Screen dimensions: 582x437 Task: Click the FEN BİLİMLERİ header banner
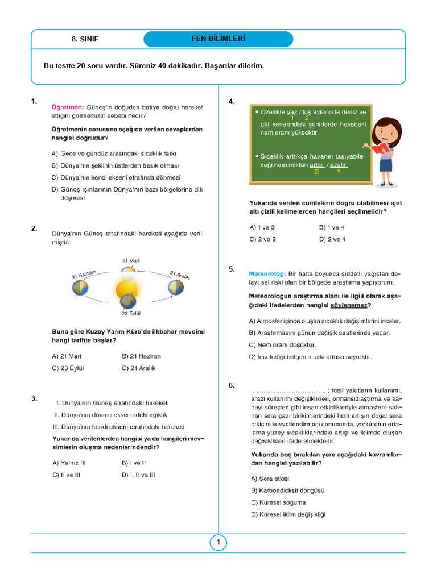coord(218,39)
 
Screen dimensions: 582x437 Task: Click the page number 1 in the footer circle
coord(218,543)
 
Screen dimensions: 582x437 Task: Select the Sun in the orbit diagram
coord(126,289)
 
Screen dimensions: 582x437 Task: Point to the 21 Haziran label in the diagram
coord(83,273)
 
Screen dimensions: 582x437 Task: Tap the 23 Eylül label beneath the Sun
coord(130,313)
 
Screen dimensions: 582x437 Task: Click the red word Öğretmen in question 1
coord(68,106)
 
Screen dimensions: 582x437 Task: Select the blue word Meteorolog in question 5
coord(267,273)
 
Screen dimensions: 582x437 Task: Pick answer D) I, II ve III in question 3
coord(138,475)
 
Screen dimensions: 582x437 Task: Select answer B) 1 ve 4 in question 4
coord(332,227)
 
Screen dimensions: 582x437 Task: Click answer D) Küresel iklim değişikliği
coord(287,514)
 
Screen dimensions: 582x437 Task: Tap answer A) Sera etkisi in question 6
coord(270,478)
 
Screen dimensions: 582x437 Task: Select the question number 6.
coord(232,385)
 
